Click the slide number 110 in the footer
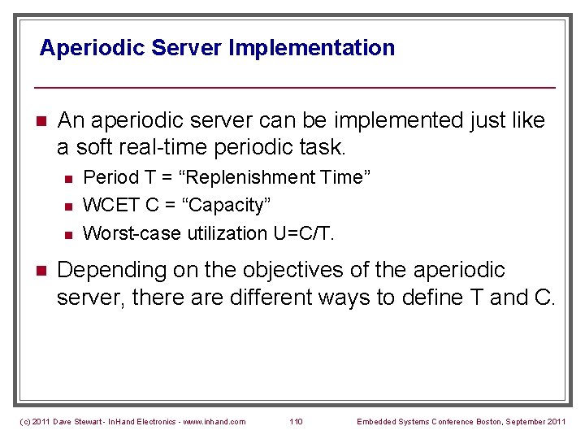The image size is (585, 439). (x=296, y=421)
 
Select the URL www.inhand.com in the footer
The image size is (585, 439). (x=214, y=421)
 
